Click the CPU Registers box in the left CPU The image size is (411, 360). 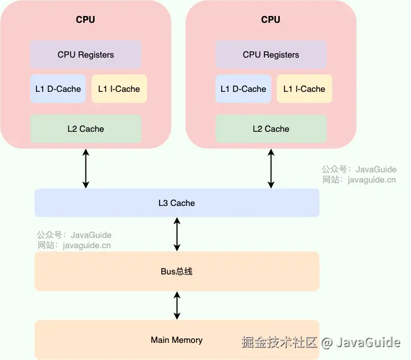tap(86, 55)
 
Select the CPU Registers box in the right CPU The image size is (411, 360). tap(271, 55)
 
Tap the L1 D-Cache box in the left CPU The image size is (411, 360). tap(58, 89)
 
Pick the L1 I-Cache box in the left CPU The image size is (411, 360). tap(119, 89)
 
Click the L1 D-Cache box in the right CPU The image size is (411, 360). tap(243, 89)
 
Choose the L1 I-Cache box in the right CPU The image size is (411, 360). tap(304, 89)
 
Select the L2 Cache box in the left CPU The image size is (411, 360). tap(86, 129)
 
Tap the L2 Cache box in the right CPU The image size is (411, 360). tap(271, 129)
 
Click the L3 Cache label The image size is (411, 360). tap(177, 203)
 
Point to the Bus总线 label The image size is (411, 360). tap(177, 272)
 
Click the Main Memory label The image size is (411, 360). tap(177, 340)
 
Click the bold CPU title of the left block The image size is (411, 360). tap(86, 20)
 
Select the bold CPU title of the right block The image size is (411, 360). tap(271, 20)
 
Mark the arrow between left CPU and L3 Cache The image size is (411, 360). tap(86, 168)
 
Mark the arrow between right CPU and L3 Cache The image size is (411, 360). tap(271, 168)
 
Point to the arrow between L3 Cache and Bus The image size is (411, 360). tap(177, 234)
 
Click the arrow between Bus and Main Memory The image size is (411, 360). tap(177, 305)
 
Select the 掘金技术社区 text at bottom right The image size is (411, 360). tap(279, 342)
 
